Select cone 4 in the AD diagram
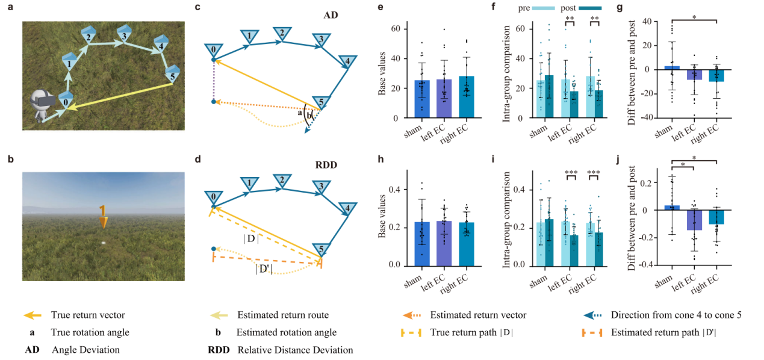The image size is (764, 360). tap(347, 61)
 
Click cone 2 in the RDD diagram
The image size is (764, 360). tap(280, 181)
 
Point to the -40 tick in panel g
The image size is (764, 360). tap(648, 117)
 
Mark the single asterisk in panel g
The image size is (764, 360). tap(694, 18)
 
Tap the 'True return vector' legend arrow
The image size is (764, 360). tap(33, 315)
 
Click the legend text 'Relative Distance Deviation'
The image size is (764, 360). tap(295, 350)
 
